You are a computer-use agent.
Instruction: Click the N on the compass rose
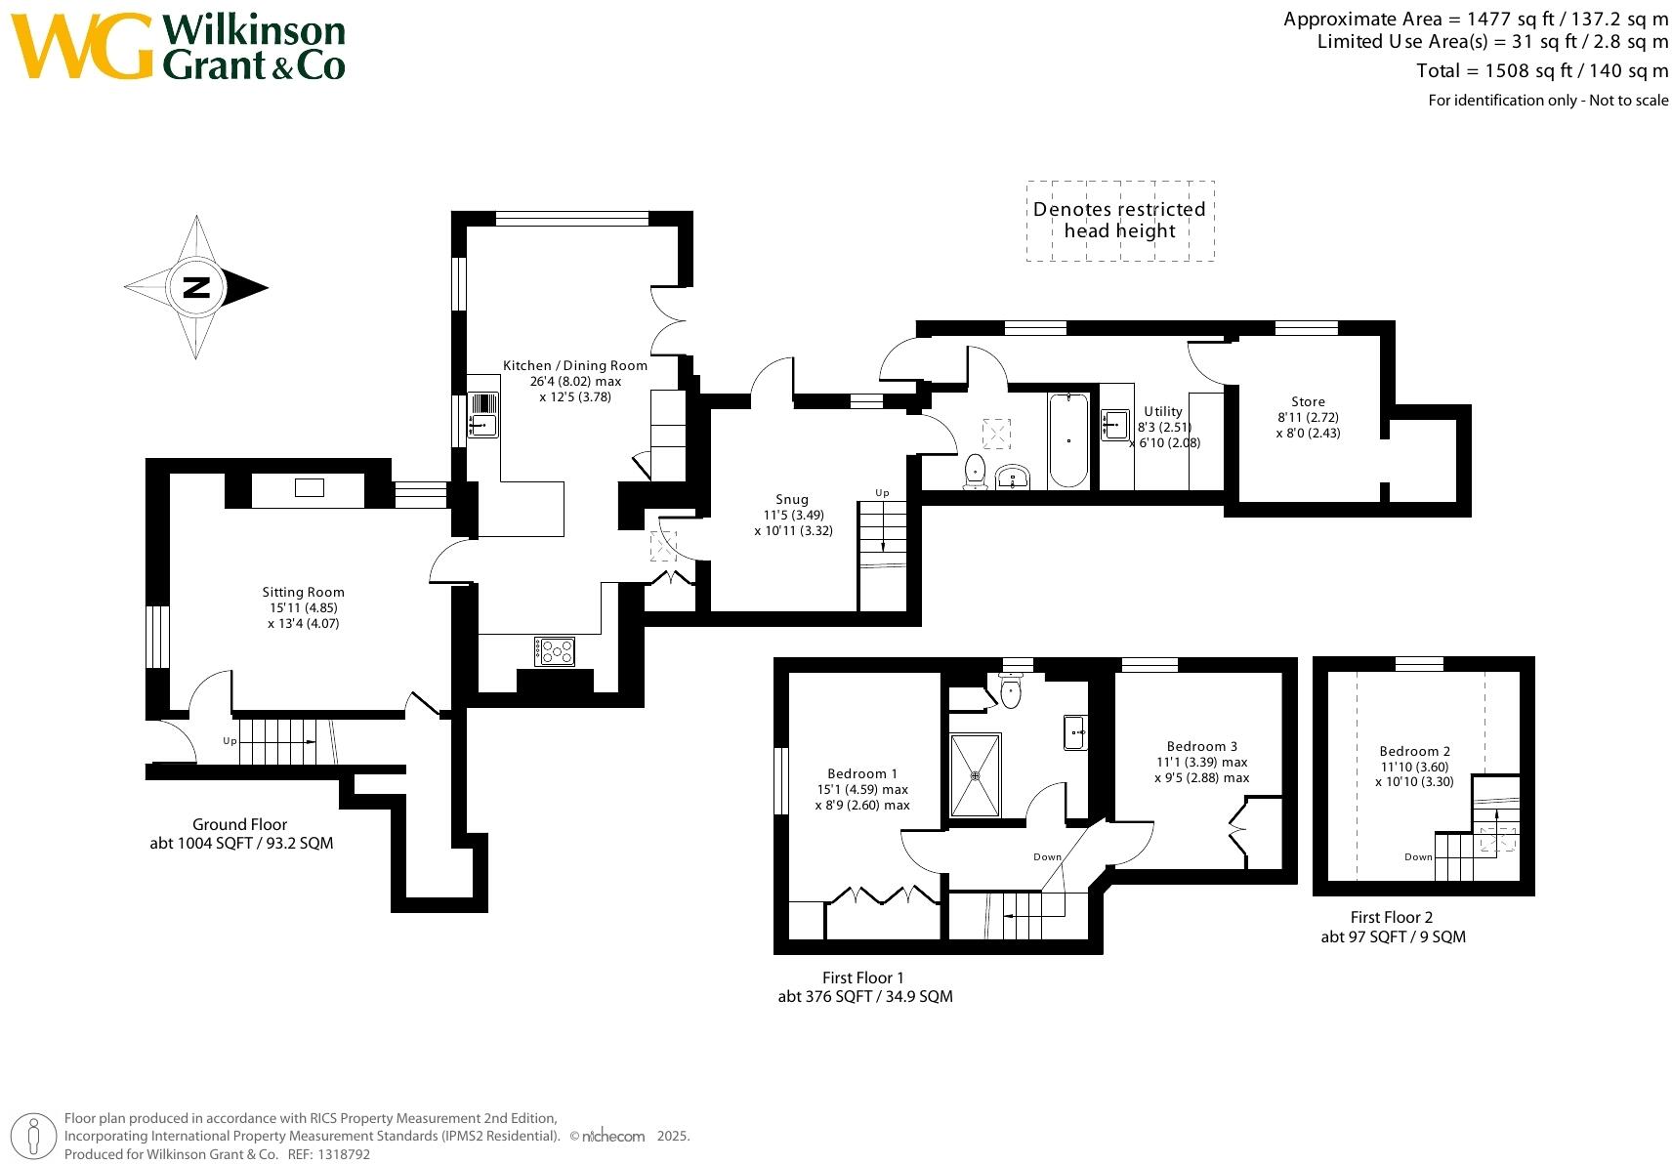(196, 287)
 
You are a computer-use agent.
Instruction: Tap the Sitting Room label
(303, 592)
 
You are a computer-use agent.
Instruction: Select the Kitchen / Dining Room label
(574, 365)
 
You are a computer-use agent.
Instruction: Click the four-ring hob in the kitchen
(555, 651)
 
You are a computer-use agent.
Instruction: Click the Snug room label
(792, 499)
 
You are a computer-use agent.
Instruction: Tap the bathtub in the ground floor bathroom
(1068, 440)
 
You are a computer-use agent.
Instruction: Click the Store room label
(1308, 401)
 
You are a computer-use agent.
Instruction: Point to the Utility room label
(1163, 411)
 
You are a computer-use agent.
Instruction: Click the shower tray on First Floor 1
(975, 776)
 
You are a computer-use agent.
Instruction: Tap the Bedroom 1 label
(862, 773)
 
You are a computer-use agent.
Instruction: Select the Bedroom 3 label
(1201, 746)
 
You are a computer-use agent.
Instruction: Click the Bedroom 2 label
(1414, 751)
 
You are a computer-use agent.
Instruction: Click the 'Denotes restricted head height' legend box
(1120, 221)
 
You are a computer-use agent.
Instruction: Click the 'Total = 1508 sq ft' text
(1542, 71)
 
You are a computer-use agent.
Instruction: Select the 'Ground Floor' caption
(239, 824)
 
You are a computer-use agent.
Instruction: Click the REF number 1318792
(344, 1154)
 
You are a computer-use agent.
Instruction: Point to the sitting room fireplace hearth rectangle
(309, 488)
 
